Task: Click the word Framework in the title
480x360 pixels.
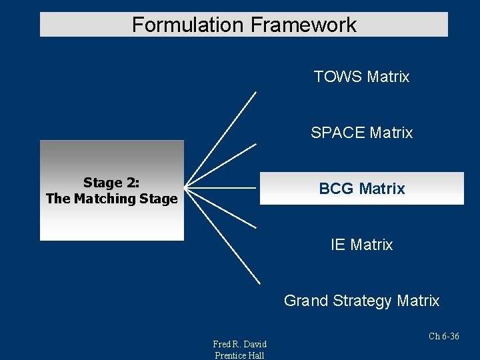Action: [x=303, y=25]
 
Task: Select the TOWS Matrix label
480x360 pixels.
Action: [x=361, y=77]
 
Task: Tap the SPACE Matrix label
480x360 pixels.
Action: [x=361, y=133]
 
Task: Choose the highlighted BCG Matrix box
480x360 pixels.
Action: [x=361, y=189]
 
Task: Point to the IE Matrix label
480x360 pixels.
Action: [x=361, y=245]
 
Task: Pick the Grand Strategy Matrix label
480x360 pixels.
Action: [x=361, y=301]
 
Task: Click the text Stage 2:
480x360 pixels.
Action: [x=111, y=183]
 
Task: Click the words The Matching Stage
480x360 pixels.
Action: [x=111, y=199]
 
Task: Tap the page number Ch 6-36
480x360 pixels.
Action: [x=443, y=336]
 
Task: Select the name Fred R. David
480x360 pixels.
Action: [x=239, y=344]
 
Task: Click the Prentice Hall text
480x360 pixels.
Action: [x=239, y=355]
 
